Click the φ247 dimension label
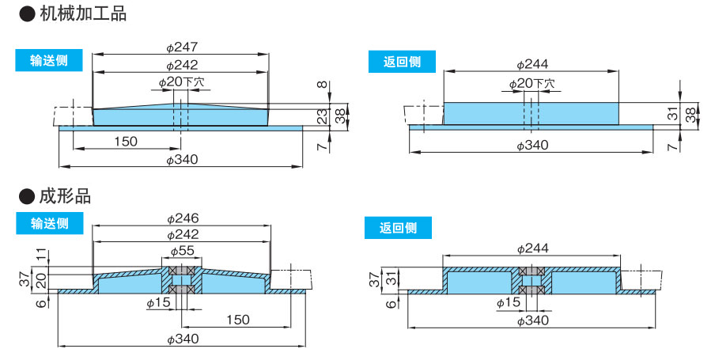[x=182, y=47]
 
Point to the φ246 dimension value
[x=182, y=218]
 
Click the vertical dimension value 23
[x=322, y=116]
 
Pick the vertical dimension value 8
[x=322, y=85]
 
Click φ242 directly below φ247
[x=182, y=65]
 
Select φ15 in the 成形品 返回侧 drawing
[x=509, y=302]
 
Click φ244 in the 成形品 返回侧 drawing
[x=532, y=248]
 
